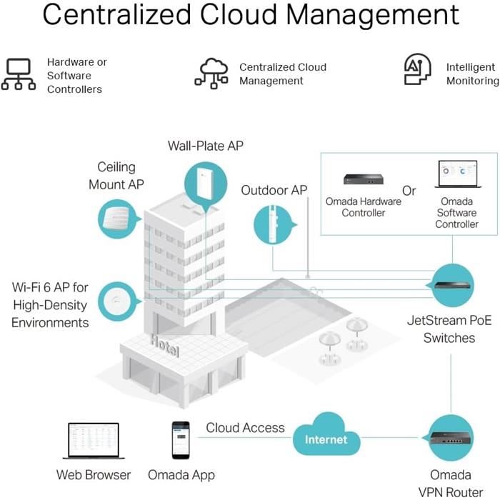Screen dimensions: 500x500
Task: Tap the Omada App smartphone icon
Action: point(180,439)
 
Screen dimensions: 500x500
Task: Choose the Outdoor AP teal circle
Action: point(274,225)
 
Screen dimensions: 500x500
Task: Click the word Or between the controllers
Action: point(409,191)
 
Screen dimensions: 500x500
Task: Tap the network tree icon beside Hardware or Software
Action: point(19,74)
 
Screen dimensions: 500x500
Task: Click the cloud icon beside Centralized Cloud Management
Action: point(211,73)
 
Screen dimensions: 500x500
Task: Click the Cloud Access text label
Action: point(245,429)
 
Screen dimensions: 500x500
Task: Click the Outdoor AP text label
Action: point(274,191)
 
